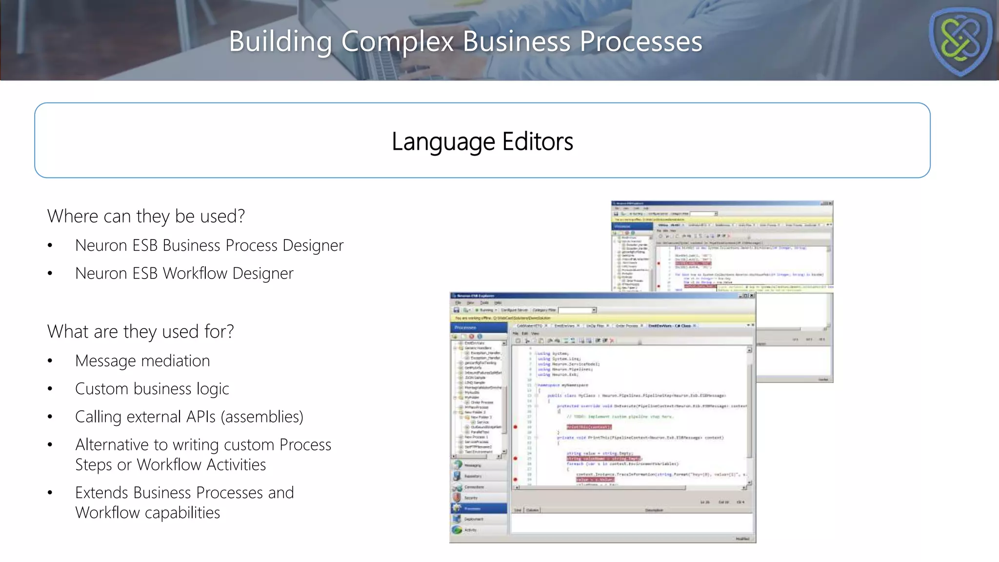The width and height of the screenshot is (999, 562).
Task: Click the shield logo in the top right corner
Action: click(x=960, y=41)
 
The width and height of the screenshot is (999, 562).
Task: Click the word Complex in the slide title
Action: click(x=398, y=41)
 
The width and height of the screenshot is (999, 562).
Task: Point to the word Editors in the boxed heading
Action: click(x=538, y=142)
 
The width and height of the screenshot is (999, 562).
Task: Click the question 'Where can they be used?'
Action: click(x=146, y=216)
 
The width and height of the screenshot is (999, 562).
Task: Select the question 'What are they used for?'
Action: click(x=140, y=332)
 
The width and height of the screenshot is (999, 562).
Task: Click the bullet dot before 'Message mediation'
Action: click(x=50, y=361)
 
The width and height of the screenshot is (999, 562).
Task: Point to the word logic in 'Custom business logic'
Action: click(x=213, y=389)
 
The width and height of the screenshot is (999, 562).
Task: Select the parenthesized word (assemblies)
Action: click(x=262, y=417)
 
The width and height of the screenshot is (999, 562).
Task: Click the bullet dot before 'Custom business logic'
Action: click(x=50, y=389)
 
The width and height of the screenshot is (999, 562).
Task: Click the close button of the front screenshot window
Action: click(x=752, y=296)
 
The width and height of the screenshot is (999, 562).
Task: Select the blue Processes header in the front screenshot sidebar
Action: click(x=478, y=327)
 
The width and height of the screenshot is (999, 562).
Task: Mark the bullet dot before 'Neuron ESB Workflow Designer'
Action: click(x=50, y=274)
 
